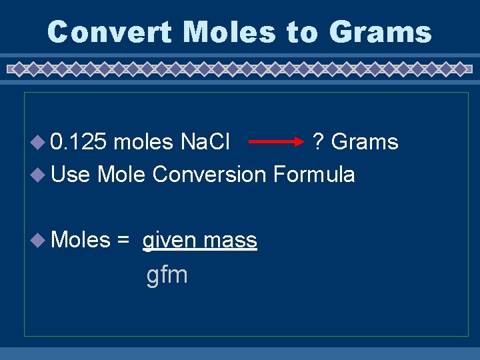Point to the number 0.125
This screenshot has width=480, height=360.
coord(79,142)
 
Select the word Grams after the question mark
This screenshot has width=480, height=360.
coord(365,142)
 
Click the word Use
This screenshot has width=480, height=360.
coord(70,175)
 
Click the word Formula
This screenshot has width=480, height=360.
coord(314,175)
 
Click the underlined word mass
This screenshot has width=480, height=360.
coord(231,240)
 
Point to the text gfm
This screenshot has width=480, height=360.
coord(167,275)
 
